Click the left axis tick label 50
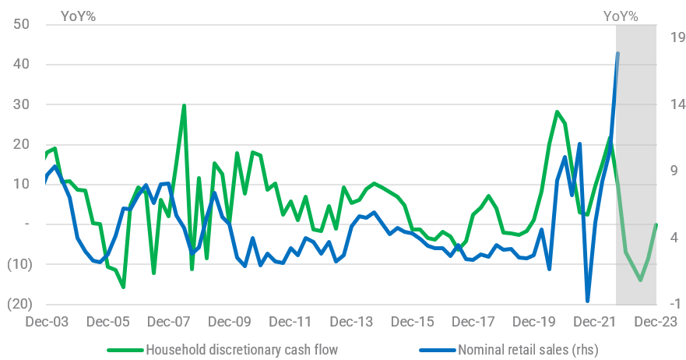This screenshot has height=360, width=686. (21, 24)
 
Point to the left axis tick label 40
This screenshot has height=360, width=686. (21, 64)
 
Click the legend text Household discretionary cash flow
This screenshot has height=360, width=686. (241, 349)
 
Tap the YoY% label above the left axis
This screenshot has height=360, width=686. (79, 14)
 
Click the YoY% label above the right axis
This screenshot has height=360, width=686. (621, 14)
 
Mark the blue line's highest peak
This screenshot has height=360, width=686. (618, 53)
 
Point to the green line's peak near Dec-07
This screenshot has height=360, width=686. (184, 105)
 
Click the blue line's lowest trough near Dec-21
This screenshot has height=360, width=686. (588, 301)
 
